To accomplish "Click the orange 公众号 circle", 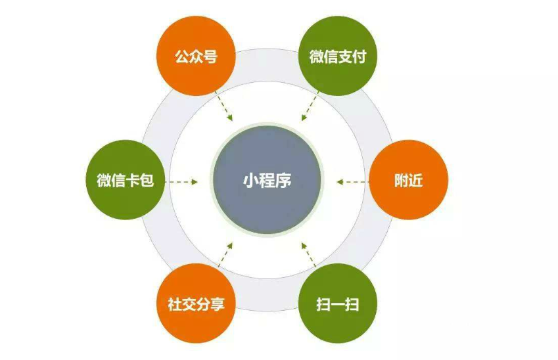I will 196,56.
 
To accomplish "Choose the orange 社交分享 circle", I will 196,304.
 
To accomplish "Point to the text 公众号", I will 196,56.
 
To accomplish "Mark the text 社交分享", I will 196,304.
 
